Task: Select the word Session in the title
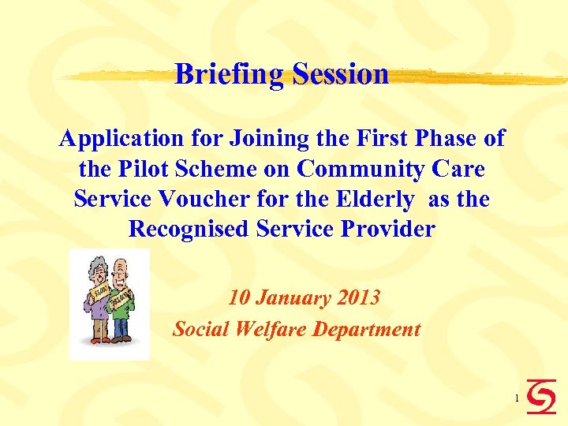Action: tap(340, 74)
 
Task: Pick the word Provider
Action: tap(390, 229)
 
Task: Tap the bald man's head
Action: tap(119, 271)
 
